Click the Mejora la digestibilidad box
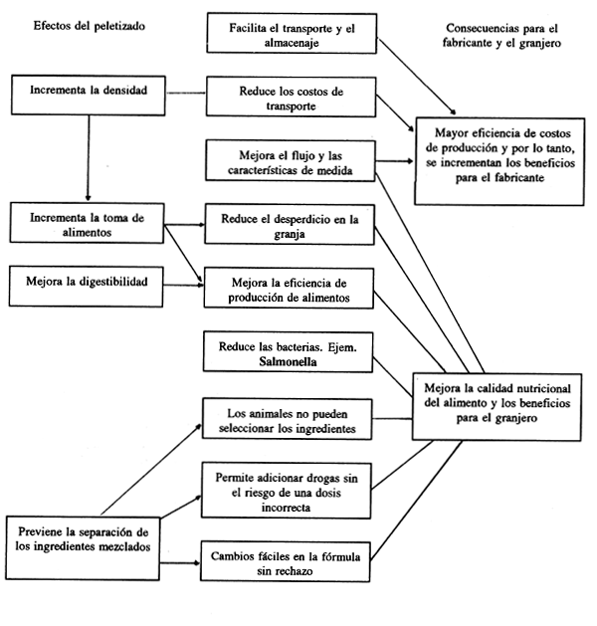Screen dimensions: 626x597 coord(86,282)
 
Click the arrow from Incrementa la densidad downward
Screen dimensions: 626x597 coord(89,159)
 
